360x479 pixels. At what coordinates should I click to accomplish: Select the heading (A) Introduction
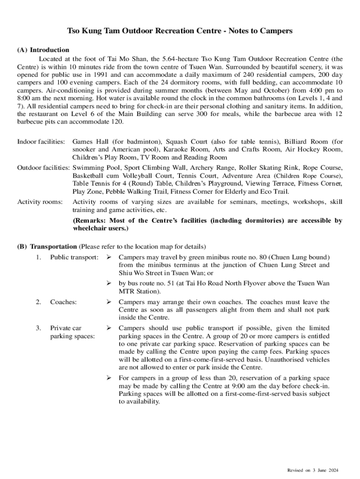click(x=43, y=50)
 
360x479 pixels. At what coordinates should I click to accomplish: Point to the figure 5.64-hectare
click(x=175, y=59)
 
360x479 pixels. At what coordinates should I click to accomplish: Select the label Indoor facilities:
click(x=41, y=141)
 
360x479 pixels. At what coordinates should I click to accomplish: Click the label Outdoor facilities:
click(x=43, y=167)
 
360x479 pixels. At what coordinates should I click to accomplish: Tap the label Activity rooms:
click(x=40, y=202)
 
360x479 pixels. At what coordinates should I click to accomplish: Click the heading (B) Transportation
click(x=47, y=247)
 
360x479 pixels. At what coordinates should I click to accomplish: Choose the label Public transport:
click(x=74, y=257)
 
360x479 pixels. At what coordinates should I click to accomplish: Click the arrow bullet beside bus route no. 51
click(x=109, y=283)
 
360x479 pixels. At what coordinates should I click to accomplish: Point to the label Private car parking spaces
click(x=72, y=332)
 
